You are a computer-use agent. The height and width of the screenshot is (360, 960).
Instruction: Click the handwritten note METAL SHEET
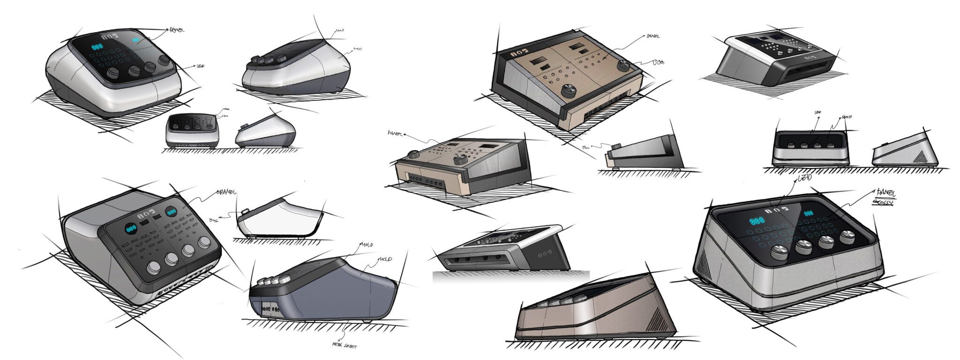click(344, 346)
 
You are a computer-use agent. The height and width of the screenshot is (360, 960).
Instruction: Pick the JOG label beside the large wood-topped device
click(658, 62)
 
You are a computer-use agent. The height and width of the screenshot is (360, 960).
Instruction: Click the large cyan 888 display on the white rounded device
click(97, 47)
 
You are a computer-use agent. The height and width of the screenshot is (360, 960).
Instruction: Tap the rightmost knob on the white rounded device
click(165, 61)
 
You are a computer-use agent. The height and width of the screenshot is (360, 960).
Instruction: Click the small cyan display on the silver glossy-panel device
click(808, 214)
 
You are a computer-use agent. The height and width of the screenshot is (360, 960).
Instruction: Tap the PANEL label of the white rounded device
click(177, 30)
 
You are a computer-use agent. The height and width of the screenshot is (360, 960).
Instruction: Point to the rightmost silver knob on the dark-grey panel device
click(204, 242)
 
